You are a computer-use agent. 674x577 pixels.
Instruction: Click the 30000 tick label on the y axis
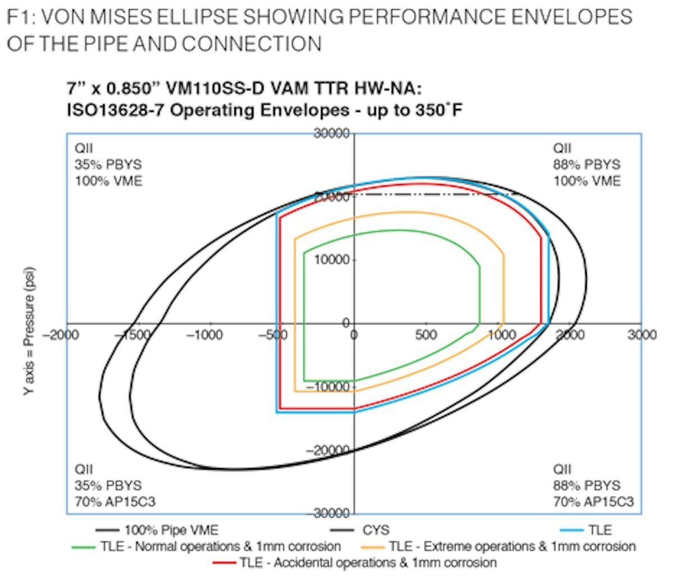coord(333,134)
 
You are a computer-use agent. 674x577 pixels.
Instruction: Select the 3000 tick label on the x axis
coord(642,335)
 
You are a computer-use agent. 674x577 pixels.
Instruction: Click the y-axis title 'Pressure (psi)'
coord(31,331)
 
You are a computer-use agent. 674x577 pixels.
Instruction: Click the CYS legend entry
coord(376,530)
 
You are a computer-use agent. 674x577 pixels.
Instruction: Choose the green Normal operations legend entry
coord(221,546)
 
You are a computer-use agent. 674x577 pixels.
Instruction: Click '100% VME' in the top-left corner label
coord(108,181)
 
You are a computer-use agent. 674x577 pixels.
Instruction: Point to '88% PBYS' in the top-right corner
coord(587,164)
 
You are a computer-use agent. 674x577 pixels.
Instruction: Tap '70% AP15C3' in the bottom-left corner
coord(115,501)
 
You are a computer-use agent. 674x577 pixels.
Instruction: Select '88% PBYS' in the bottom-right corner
coord(587,485)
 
